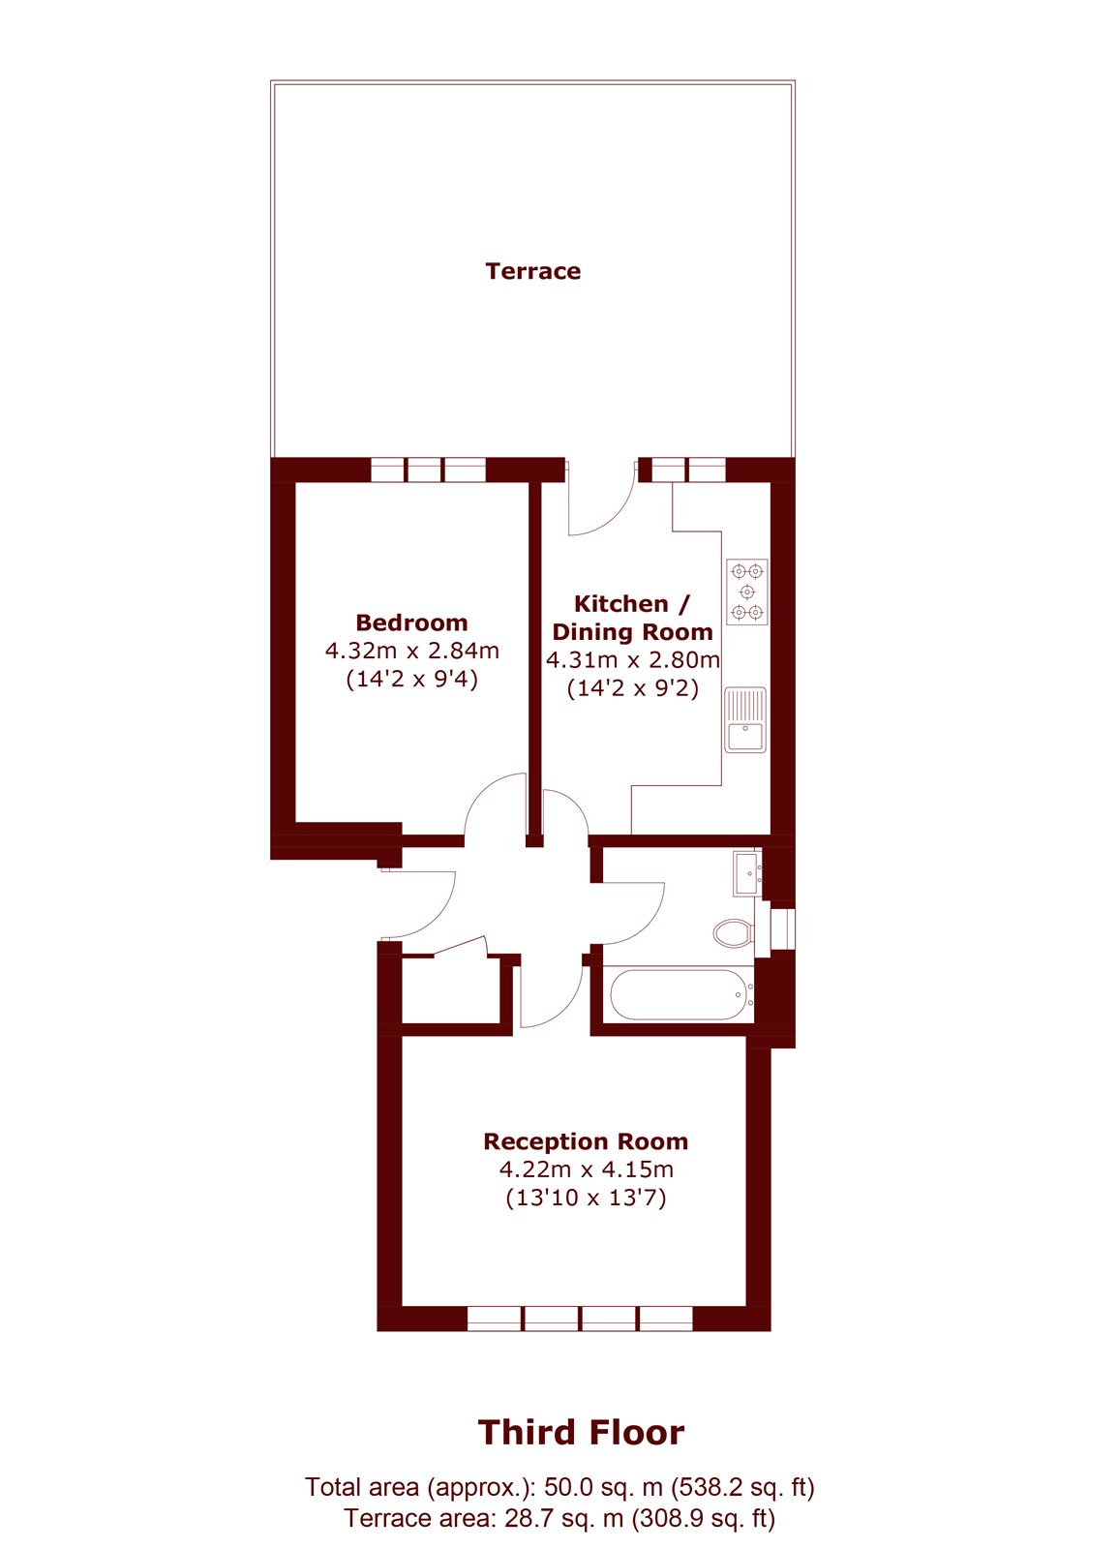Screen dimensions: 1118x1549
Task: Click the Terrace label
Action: (532, 271)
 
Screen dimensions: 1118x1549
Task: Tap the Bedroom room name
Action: (411, 623)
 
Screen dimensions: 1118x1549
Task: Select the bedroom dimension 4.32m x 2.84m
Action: (412, 651)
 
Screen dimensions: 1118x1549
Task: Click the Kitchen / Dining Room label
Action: (633, 618)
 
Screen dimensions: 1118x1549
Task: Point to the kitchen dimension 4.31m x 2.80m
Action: (633, 660)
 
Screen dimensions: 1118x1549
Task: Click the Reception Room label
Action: (586, 1141)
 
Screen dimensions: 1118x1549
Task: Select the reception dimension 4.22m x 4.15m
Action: (587, 1169)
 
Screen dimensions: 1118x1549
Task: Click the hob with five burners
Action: (746, 592)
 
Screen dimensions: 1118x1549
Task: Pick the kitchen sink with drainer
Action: (745, 720)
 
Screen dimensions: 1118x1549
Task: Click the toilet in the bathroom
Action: (733, 933)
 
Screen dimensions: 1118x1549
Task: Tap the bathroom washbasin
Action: (747, 873)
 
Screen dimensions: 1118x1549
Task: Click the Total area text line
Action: (559, 1487)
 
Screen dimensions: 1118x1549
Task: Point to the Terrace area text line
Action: (559, 1519)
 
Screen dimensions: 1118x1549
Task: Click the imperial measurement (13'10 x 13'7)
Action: (587, 1198)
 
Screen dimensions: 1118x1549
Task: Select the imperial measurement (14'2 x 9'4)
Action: (412, 679)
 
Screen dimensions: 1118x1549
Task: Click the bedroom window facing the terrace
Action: (429, 471)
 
